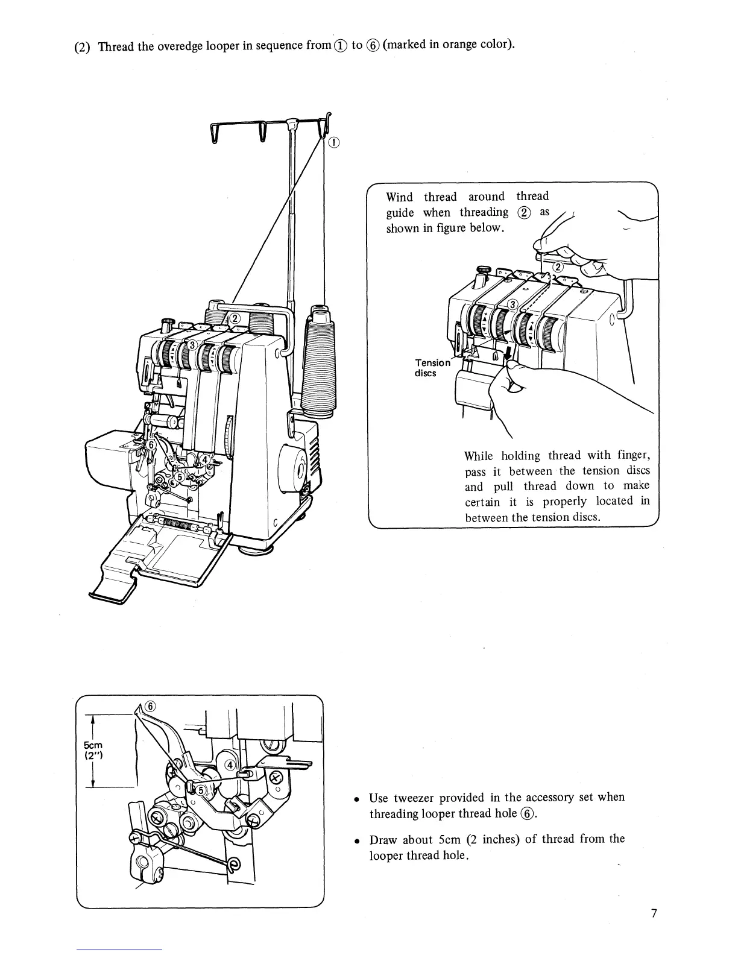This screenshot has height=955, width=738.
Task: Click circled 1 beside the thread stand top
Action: tap(335, 143)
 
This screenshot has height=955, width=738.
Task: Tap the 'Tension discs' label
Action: tap(432, 368)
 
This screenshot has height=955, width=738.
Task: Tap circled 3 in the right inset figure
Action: tap(512, 303)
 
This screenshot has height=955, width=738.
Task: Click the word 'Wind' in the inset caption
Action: tap(399, 197)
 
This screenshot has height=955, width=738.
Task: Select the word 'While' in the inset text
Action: tap(479, 456)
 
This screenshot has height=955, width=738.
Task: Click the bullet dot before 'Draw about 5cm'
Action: tap(358, 840)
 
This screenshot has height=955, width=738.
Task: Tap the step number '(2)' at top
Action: tap(82, 47)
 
